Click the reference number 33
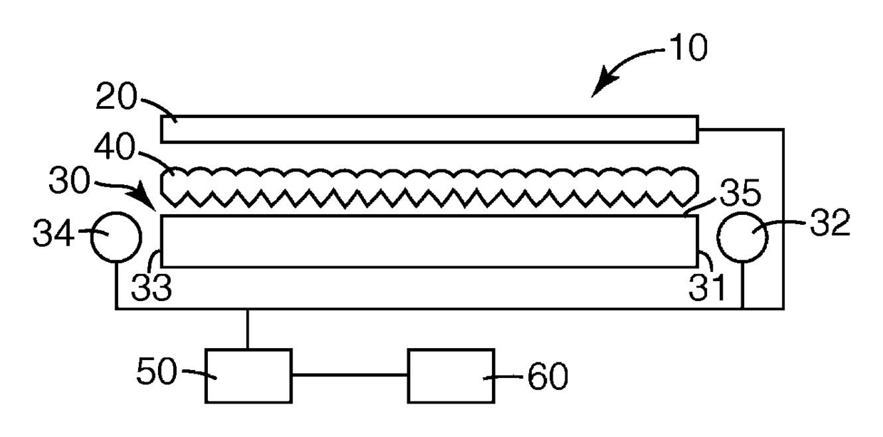(x=152, y=288)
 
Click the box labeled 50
(x=248, y=375)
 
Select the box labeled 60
(x=451, y=375)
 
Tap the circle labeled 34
(x=115, y=237)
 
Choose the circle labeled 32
(x=743, y=237)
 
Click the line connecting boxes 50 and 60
(x=349, y=375)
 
